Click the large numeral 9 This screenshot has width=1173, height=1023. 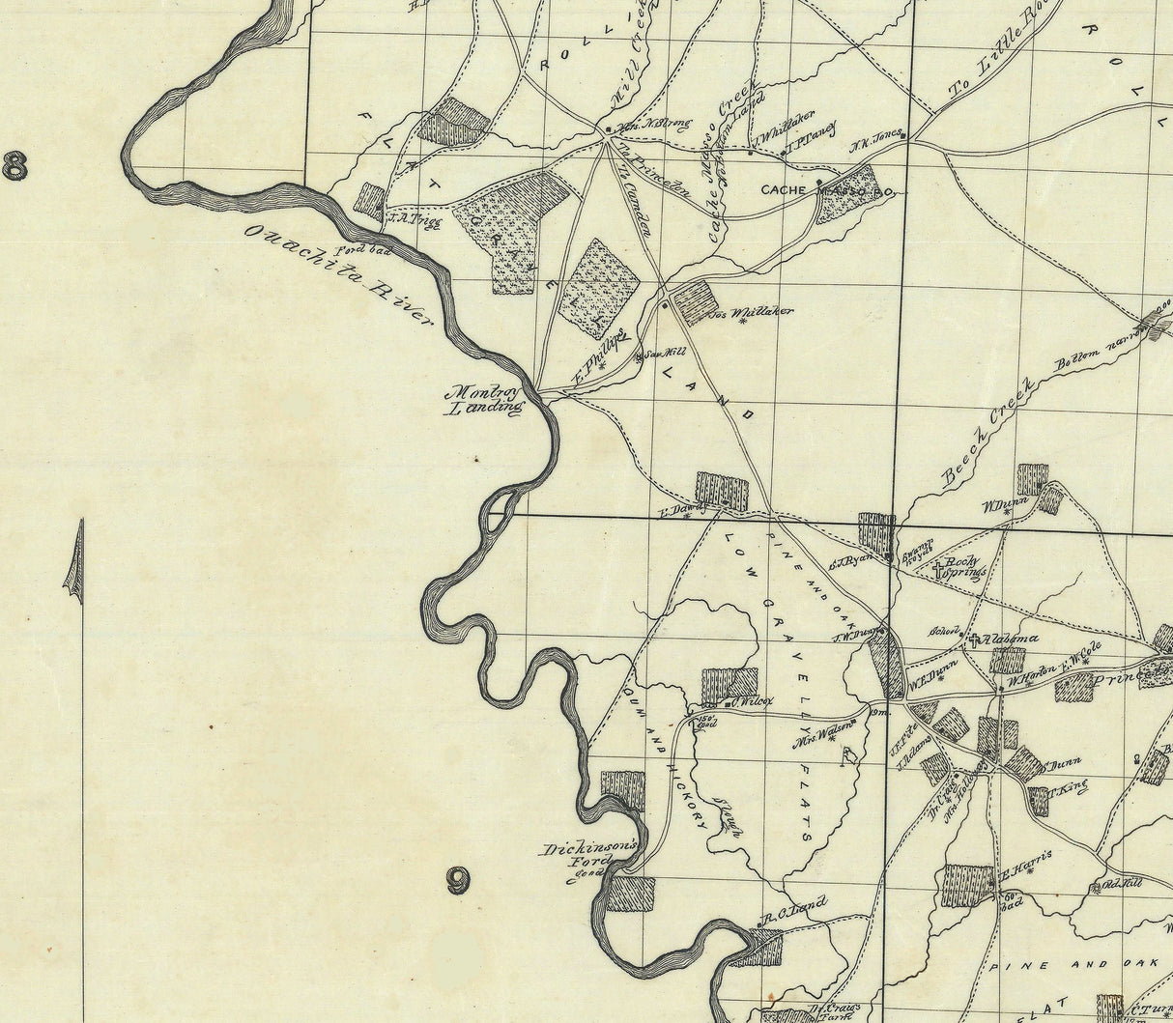[457, 880]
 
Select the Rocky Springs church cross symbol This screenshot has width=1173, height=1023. [935, 569]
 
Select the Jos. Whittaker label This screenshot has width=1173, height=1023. [751, 313]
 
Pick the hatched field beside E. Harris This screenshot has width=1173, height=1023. [968, 884]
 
